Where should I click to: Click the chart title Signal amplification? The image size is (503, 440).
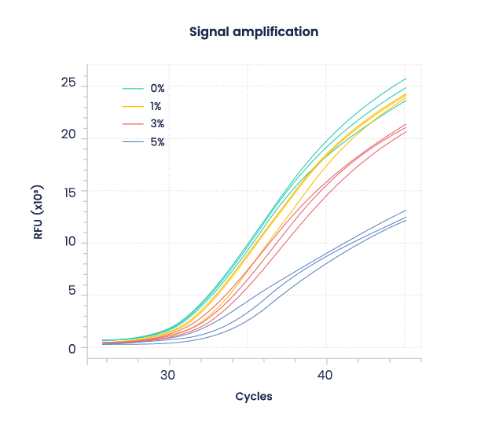click(x=253, y=32)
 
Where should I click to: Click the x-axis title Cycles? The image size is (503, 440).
click(x=254, y=396)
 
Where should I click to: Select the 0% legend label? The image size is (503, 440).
click(x=158, y=89)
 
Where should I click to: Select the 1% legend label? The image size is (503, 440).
click(x=157, y=106)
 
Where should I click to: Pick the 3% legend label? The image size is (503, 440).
click(x=158, y=124)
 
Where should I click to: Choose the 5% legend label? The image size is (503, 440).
click(x=158, y=142)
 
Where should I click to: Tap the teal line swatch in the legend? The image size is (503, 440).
click(x=131, y=89)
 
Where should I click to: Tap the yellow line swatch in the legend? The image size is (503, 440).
click(x=131, y=106)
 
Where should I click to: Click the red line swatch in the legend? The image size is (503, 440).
click(x=131, y=124)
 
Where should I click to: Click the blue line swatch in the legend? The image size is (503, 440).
click(x=131, y=142)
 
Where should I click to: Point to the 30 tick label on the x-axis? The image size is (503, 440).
click(x=168, y=376)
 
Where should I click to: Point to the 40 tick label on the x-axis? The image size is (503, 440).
click(x=325, y=376)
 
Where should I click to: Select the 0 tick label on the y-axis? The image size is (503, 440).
click(x=72, y=348)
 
